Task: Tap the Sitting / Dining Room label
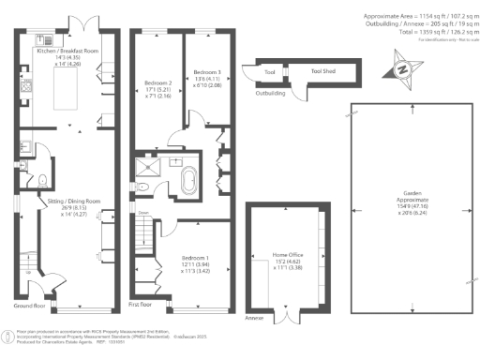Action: [62, 201]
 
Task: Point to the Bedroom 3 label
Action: [205, 72]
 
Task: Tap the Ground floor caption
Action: [29, 306]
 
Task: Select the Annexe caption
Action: [254, 316]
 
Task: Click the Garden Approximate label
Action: [411, 202]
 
